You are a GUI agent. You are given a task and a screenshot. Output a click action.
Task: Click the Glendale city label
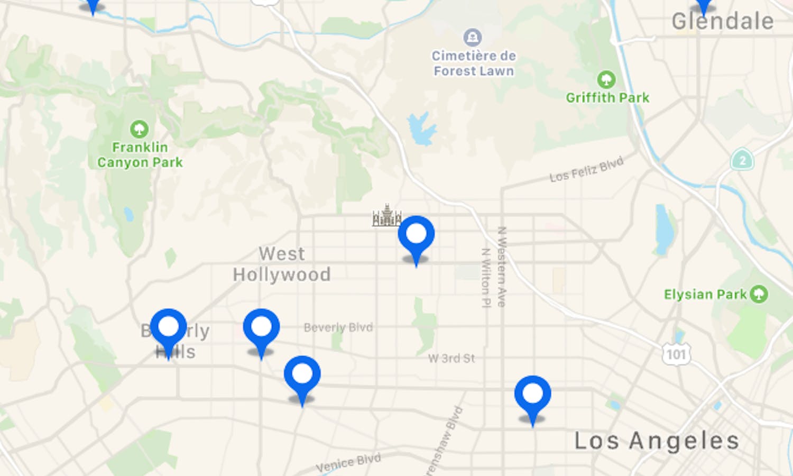click(722, 22)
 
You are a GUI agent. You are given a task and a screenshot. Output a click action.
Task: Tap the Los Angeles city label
click(657, 441)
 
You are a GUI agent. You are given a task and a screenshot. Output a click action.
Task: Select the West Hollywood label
click(282, 264)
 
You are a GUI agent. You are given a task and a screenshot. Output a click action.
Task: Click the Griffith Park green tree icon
click(606, 80)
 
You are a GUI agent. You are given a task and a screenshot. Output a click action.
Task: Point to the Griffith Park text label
click(607, 98)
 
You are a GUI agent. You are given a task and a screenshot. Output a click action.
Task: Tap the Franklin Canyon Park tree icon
click(139, 129)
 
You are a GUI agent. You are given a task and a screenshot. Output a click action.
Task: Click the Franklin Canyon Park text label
click(140, 154)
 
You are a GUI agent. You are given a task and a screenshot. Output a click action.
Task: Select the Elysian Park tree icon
click(759, 294)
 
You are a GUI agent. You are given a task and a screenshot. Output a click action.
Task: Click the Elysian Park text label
click(705, 294)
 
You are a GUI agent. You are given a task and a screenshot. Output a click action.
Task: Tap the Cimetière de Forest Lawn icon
click(472, 38)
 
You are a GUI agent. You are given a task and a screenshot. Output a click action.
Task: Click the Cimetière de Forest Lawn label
click(474, 63)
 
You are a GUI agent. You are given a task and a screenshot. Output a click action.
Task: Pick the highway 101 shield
click(676, 354)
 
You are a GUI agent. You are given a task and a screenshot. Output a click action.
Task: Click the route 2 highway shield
click(742, 160)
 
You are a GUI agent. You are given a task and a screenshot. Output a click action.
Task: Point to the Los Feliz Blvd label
click(586, 170)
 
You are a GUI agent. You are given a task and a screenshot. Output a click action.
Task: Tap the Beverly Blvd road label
click(338, 327)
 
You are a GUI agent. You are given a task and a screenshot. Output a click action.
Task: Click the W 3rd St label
click(451, 358)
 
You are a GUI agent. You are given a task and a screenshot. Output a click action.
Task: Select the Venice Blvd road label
click(348, 463)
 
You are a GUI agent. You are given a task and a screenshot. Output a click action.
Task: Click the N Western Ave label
click(502, 267)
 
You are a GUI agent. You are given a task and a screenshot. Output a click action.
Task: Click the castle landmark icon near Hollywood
click(386, 216)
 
